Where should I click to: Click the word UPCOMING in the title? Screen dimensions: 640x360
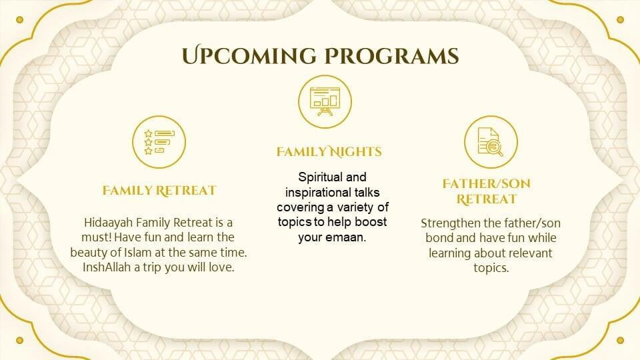coord(249,56)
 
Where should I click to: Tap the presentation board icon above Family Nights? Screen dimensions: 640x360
coord(325,101)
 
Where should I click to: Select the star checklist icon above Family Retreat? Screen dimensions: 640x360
coord(159,142)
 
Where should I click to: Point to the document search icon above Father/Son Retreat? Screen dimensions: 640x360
coord(491,142)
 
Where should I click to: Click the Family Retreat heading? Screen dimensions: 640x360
coord(159,191)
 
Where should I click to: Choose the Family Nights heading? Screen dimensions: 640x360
coord(329,151)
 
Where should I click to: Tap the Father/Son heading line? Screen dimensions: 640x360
coord(487,184)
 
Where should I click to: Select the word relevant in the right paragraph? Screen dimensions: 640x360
coord(527,253)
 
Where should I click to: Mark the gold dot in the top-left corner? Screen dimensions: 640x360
coord(19,19)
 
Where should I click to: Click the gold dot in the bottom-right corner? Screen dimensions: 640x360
coord(621,341)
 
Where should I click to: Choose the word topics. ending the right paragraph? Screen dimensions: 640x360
coord(491,268)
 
